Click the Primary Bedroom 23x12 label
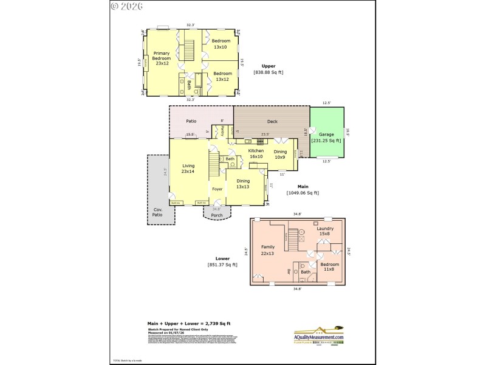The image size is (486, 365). [x=161, y=58]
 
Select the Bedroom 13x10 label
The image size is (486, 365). [x=221, y=44]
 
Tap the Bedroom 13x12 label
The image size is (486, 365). [x=221, y=76]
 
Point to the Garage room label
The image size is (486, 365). [x=326, y=137]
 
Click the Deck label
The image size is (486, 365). [x=272, y=122]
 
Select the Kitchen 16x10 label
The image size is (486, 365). [x=256, y=153]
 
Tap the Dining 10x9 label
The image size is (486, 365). [x=280, y=155]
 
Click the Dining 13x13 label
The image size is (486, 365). [x=243, y=183]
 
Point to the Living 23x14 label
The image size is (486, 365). [x=188, y=168]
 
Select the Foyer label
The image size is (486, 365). [x=217, y=189]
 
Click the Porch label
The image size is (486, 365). [x=217, y=215]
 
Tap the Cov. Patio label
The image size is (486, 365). [x=157, y=212]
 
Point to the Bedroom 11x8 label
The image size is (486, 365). [x=329, y=266]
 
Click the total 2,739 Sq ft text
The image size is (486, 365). [x=188, y=323]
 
